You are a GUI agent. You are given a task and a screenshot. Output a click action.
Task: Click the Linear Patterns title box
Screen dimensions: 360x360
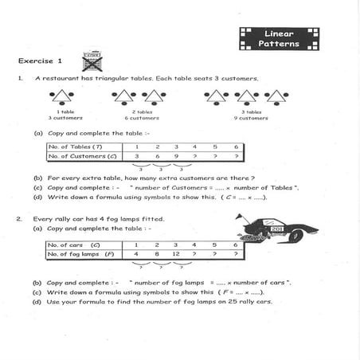coord(279,38)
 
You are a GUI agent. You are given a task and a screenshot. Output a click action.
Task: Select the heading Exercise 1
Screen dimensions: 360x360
coord(40,61)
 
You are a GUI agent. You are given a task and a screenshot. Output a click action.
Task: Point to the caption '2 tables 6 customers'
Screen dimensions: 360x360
coord(144,115)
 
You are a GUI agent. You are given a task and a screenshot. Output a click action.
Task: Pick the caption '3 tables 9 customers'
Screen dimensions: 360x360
coord(249,115)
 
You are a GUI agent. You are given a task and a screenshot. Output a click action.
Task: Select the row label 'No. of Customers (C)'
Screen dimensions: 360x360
coord(80,156)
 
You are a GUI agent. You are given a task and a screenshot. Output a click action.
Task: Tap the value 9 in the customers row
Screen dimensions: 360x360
coord(176,156)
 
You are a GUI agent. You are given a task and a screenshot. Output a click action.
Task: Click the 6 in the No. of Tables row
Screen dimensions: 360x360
coord(236,147)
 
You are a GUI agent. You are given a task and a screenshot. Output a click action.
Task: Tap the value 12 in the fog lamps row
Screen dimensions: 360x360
coord(176,254)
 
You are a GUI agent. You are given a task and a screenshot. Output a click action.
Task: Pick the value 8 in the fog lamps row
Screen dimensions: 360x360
coord(157,254)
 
